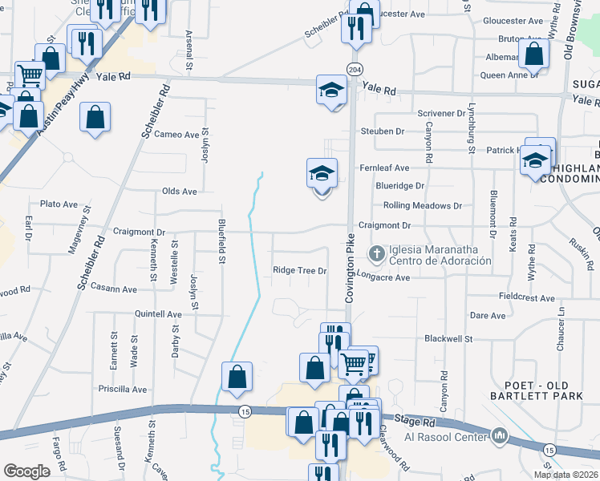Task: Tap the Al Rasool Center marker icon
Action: point(501,436)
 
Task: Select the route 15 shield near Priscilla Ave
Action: point(243,411)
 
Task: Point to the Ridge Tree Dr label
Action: point(300,271)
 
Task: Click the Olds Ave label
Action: point(179,192)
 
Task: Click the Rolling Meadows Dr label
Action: point(423,205)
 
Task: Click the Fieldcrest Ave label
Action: point(526,297)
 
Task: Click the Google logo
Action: point(26,471)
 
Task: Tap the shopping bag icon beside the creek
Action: point(237,376)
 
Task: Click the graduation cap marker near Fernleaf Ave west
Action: point(322,173)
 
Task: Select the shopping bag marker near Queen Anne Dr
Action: point(533,54)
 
